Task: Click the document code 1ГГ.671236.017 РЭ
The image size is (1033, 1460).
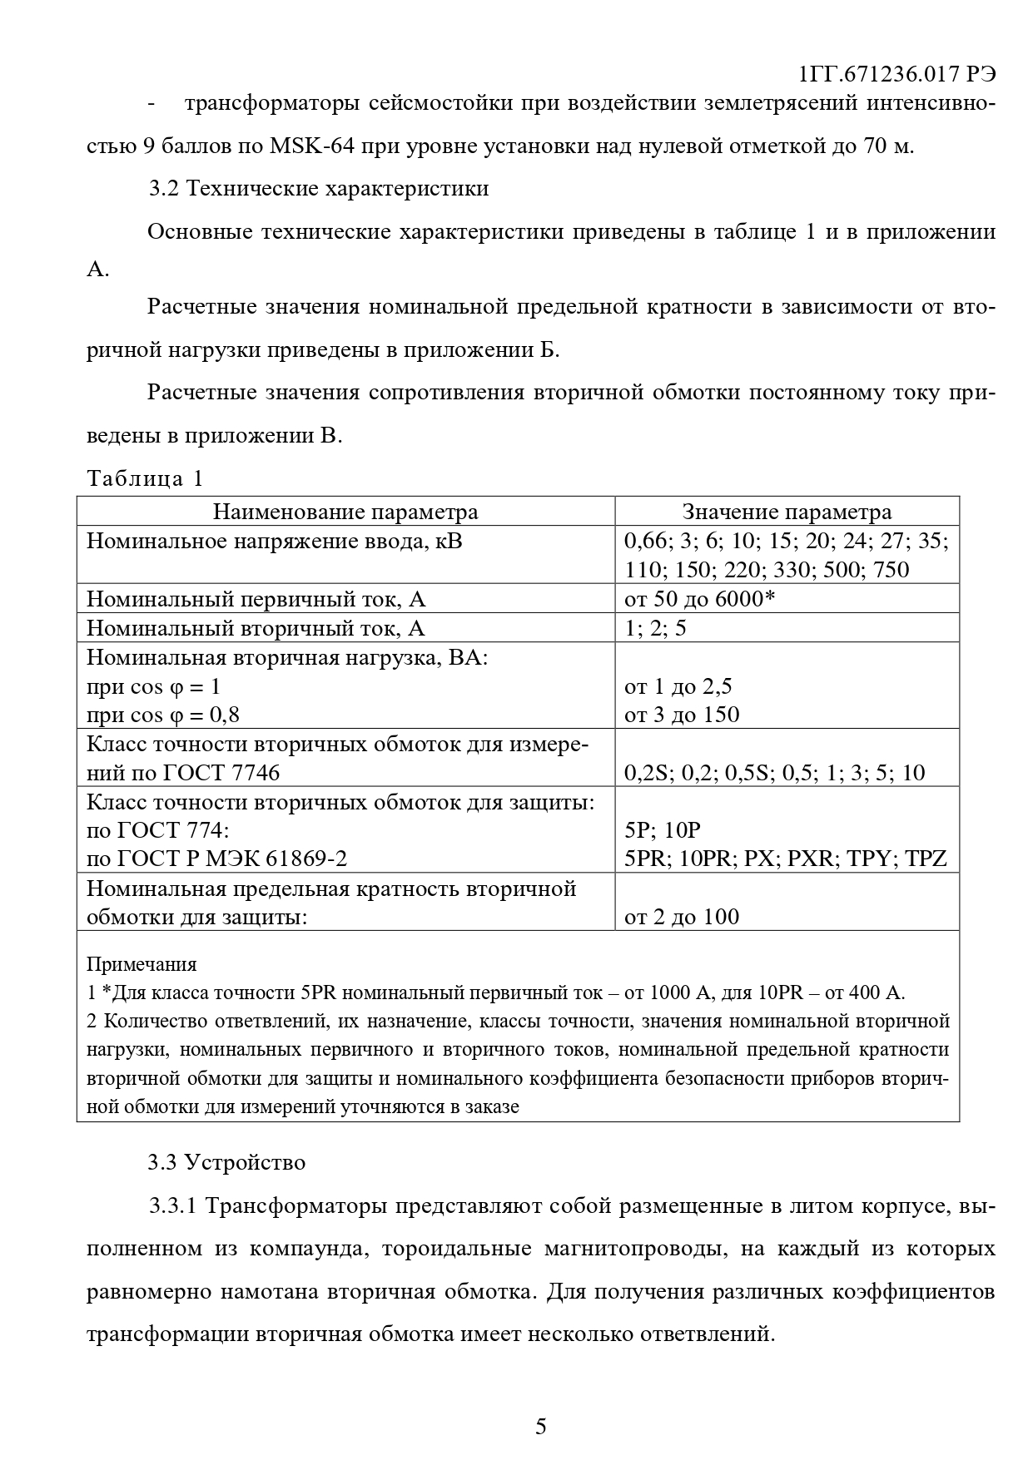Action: click(x=896, y=74)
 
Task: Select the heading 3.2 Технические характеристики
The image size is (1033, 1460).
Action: click(x=319, y=189)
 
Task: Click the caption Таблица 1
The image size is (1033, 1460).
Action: click(x=145, y=478)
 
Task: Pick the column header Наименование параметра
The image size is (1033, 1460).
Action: click(x=345, y=512)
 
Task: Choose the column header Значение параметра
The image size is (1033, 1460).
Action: click(x=787, y=512)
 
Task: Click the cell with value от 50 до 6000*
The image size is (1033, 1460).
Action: click(x=699, y=599)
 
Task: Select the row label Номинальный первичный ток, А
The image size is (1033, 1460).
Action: click(x=256, y=599)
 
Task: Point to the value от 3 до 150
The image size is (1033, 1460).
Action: click(x=682, y=715)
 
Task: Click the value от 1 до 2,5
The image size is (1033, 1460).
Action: click(x=678, y=686)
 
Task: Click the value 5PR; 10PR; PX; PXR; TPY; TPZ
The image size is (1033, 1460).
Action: click(x=785, y=859)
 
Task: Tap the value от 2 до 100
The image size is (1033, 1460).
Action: click(x=682, y=917)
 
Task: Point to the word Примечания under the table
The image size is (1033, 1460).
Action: click(x=142, y=964)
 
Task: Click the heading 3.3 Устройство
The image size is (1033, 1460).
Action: click(x=226, y=1162)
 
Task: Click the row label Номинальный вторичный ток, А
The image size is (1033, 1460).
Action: click(x=256, y=628)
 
